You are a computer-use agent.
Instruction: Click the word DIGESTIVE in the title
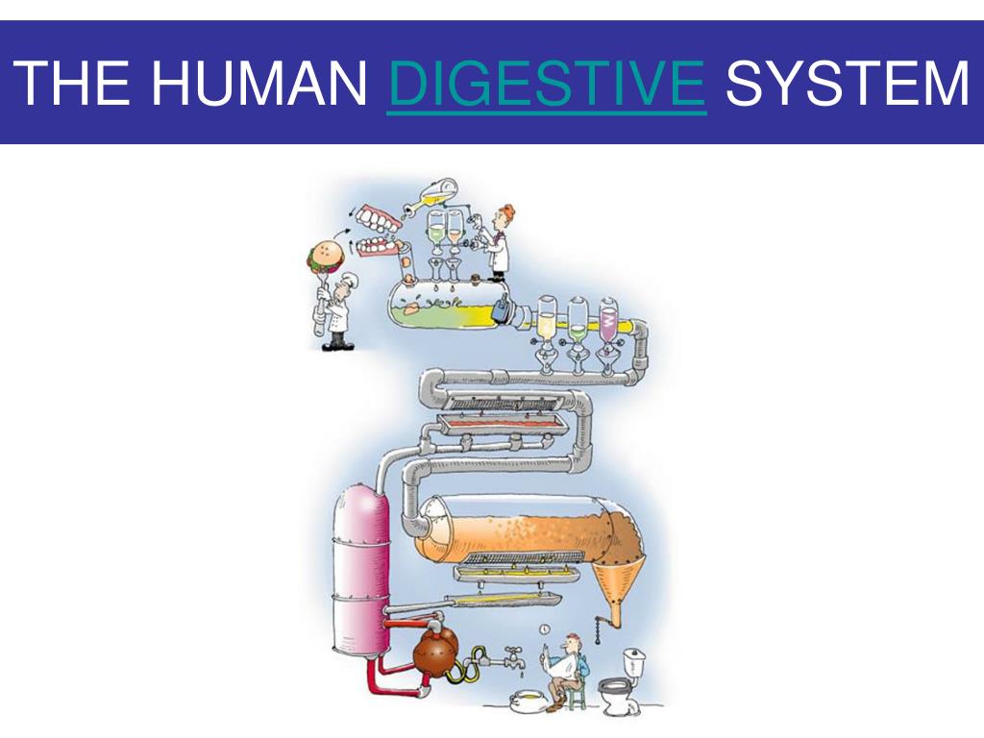546,83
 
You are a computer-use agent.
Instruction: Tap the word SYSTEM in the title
848,83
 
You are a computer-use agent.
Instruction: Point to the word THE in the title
73,83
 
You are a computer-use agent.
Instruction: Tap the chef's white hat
347,279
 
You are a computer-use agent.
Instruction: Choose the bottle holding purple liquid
608,321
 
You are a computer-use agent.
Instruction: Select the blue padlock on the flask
501,310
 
